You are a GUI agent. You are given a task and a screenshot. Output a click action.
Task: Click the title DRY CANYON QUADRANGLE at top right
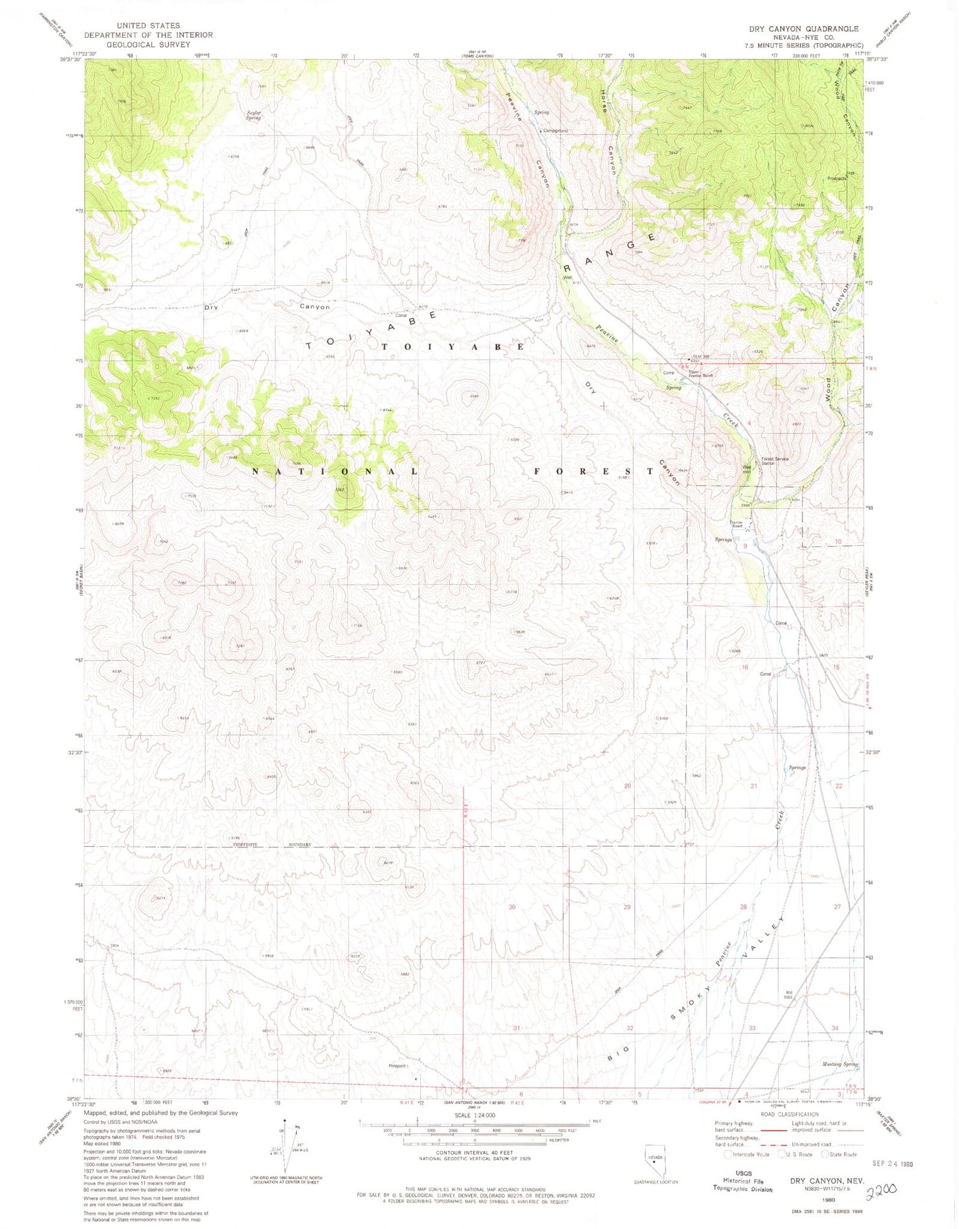[804, 29]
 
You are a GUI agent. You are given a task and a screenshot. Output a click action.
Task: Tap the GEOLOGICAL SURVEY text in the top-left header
[148, 45]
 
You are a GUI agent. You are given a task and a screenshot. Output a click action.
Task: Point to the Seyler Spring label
[254, 116]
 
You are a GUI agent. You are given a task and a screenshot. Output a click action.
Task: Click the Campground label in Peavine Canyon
[554, 131]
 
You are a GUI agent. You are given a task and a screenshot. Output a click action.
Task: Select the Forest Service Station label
[775, 460]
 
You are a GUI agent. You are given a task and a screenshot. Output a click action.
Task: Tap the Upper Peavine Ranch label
[700, 374]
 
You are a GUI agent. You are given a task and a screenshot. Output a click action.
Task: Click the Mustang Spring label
[839, 1064]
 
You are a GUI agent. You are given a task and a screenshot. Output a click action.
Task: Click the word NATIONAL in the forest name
[335, 472]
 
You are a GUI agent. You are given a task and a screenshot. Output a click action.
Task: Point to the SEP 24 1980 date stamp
[893, 1164]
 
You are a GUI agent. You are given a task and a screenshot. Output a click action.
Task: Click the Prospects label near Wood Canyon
[836, 178]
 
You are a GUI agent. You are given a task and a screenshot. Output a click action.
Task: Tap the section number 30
[511, 907]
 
